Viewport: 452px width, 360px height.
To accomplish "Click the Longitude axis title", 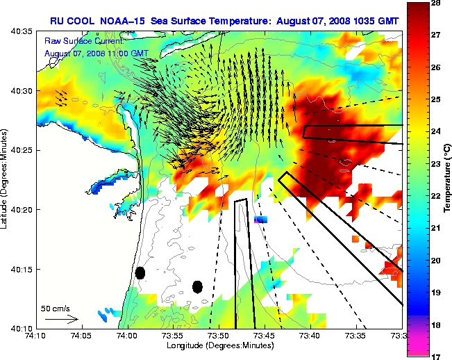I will click(x=220, y=345).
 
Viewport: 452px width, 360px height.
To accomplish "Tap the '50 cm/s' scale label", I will click(x=56, y=307).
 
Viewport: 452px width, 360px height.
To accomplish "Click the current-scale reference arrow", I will click(x=61, y=319).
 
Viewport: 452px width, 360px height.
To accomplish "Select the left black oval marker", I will click(x=140, y=272).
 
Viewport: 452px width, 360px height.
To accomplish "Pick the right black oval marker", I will click(x=197, y=286).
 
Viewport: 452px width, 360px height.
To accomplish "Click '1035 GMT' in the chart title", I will click(x=375, y=20).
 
